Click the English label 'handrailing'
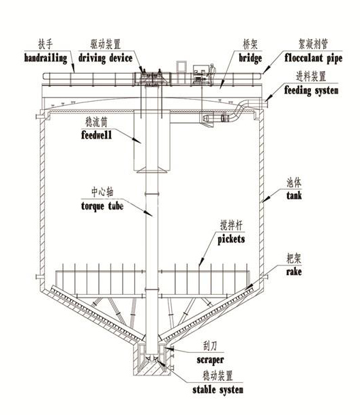click(x=46, y=58)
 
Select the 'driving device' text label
click(x=105, y=58)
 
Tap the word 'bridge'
click(x=250, y=58)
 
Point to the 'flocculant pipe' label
click(x=313, y=58)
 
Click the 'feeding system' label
click(x=312, y=91)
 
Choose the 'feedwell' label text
click(x=96, y=135)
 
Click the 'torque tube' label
click(x=102, y=206)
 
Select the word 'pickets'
click(x=231, y=240)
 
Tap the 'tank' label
click(x=294, y=196)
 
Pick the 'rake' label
click(x=294, y=272)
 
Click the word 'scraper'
click(x=211, y=360)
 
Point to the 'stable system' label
click(x=217, y=390)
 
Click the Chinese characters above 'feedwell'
click(x=96, y=122)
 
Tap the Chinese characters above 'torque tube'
click(x=102, y=192)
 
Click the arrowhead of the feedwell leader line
click(x=137, y=141)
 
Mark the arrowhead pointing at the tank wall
click(x=265, y=199)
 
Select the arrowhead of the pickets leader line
click(x=201, y=262)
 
